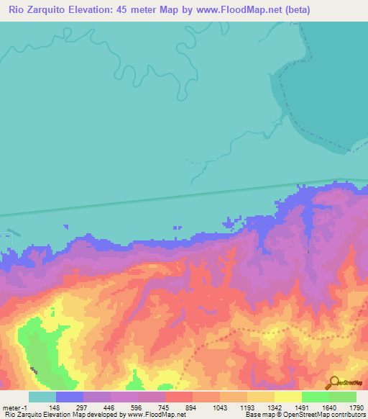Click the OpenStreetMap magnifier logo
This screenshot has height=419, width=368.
click(334, 383)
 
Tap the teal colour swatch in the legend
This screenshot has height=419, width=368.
click(42, 397)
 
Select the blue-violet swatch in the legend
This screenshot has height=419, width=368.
click(70, 397)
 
